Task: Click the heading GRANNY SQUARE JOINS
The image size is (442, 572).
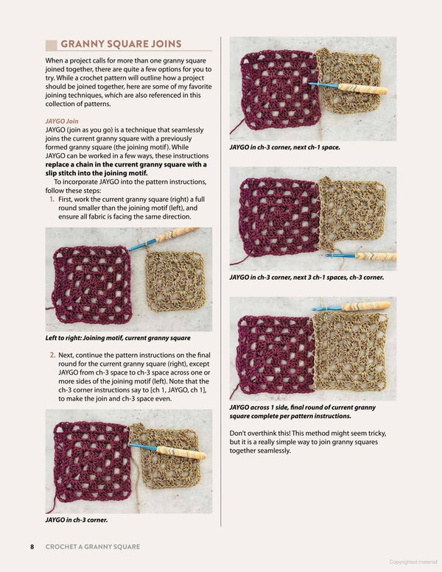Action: tap(121, 43)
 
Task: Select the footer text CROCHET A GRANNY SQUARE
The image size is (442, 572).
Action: tap(92, 546)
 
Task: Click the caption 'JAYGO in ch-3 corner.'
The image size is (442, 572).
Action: tap(77, 520)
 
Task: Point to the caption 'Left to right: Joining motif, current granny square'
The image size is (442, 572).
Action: tap(118, 338)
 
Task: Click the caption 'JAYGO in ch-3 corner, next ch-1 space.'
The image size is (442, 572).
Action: tap(284, 147)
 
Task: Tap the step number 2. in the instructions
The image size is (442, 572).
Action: tap(52, 355)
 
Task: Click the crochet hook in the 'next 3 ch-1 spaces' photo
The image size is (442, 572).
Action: tap(361, 255)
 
